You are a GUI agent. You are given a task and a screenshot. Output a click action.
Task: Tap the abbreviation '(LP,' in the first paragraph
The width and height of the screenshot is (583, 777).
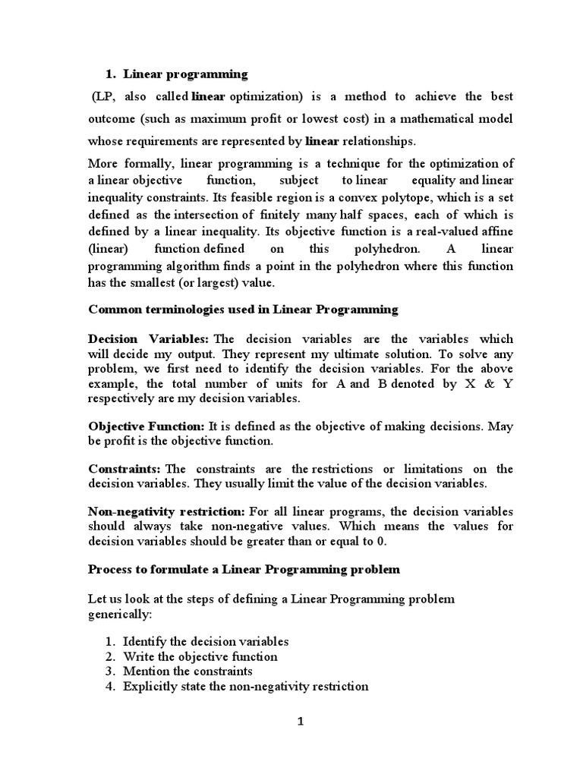coord(106,96)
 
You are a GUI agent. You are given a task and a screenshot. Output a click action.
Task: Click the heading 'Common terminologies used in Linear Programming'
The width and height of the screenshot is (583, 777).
coord(243,309)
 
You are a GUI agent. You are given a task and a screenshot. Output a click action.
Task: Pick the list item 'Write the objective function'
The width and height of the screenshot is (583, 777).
coord(200,656)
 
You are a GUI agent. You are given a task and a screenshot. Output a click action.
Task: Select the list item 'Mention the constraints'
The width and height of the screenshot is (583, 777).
coord(188,672)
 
